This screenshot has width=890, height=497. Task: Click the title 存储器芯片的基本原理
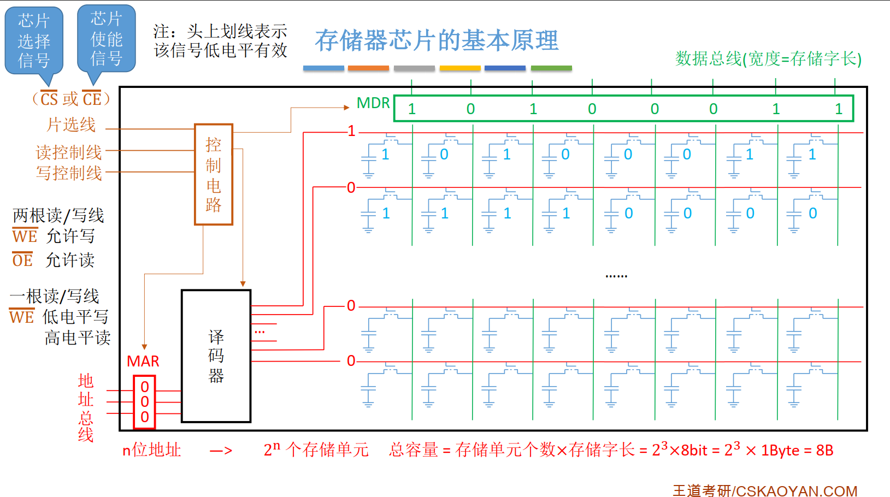(437, 40)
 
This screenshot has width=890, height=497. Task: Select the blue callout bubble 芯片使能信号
(106, 38)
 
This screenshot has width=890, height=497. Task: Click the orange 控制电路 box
(214, 174)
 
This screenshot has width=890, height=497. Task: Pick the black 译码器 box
(216, 356)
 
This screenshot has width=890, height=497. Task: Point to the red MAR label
(143, 361)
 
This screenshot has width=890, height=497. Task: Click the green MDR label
(373, 103)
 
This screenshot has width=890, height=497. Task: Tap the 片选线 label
(71, 125)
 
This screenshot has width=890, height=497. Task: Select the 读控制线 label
(69, 152)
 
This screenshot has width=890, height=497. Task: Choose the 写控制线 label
(69, 173)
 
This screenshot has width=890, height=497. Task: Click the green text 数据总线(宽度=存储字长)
(768, 58)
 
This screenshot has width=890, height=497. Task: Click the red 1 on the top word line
(351, 131)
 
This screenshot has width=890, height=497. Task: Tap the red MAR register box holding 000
(145, 402)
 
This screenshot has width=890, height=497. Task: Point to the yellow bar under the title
(460, 68)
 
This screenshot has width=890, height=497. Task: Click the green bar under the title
(551, 68)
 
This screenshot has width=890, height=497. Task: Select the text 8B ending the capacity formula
(824, 451)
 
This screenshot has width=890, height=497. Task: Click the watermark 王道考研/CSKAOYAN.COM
(765, 490)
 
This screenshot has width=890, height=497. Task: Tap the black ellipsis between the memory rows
(616, 276)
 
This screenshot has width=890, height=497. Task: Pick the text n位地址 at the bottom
(151, 450)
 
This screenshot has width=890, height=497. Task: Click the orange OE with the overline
(22, 261)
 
